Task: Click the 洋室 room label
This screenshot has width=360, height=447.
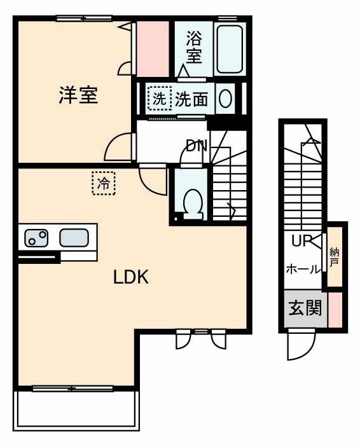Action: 78,95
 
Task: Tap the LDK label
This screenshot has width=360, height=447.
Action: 131,277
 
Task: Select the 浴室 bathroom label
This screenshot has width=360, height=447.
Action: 194,47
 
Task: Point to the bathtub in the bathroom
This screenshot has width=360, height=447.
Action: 229,50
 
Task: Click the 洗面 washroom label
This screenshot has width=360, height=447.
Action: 191,99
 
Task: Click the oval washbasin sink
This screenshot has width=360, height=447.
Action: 225,99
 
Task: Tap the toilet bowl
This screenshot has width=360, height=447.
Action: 191,202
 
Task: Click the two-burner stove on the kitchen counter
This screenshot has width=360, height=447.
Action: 36,238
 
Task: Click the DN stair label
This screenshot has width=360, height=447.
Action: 196,146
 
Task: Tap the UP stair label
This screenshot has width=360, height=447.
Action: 300,241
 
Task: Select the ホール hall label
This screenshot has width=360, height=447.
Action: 303,269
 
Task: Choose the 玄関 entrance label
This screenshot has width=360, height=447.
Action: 305,310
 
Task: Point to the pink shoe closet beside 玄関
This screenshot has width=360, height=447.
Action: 335,310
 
